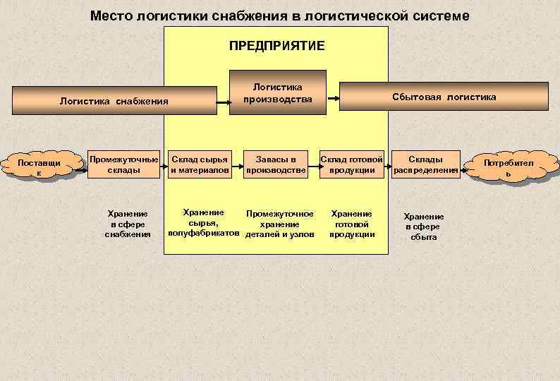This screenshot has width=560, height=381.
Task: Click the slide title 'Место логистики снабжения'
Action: point(279,16)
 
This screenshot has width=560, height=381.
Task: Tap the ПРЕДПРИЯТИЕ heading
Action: point(276,45)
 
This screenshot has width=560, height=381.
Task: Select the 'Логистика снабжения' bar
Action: point(114,100)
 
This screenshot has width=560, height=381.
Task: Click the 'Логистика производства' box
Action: point(278,93)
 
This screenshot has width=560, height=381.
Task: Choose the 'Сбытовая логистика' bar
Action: point(444,97)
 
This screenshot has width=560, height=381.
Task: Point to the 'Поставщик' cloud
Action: point(39,168)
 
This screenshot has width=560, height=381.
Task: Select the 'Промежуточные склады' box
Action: point(124,164)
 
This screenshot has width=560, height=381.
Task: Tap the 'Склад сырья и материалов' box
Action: point(200,164)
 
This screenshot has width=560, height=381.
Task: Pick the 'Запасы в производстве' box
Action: point(275,164)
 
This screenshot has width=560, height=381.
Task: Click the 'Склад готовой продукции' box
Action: point(351,164)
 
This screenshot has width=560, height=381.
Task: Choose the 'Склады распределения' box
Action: point(426,164)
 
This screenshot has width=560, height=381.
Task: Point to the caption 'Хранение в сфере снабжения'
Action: point(128,224)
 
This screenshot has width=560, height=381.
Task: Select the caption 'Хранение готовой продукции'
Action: point(351,224)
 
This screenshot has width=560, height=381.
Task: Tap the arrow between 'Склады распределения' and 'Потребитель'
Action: point(464,169)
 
